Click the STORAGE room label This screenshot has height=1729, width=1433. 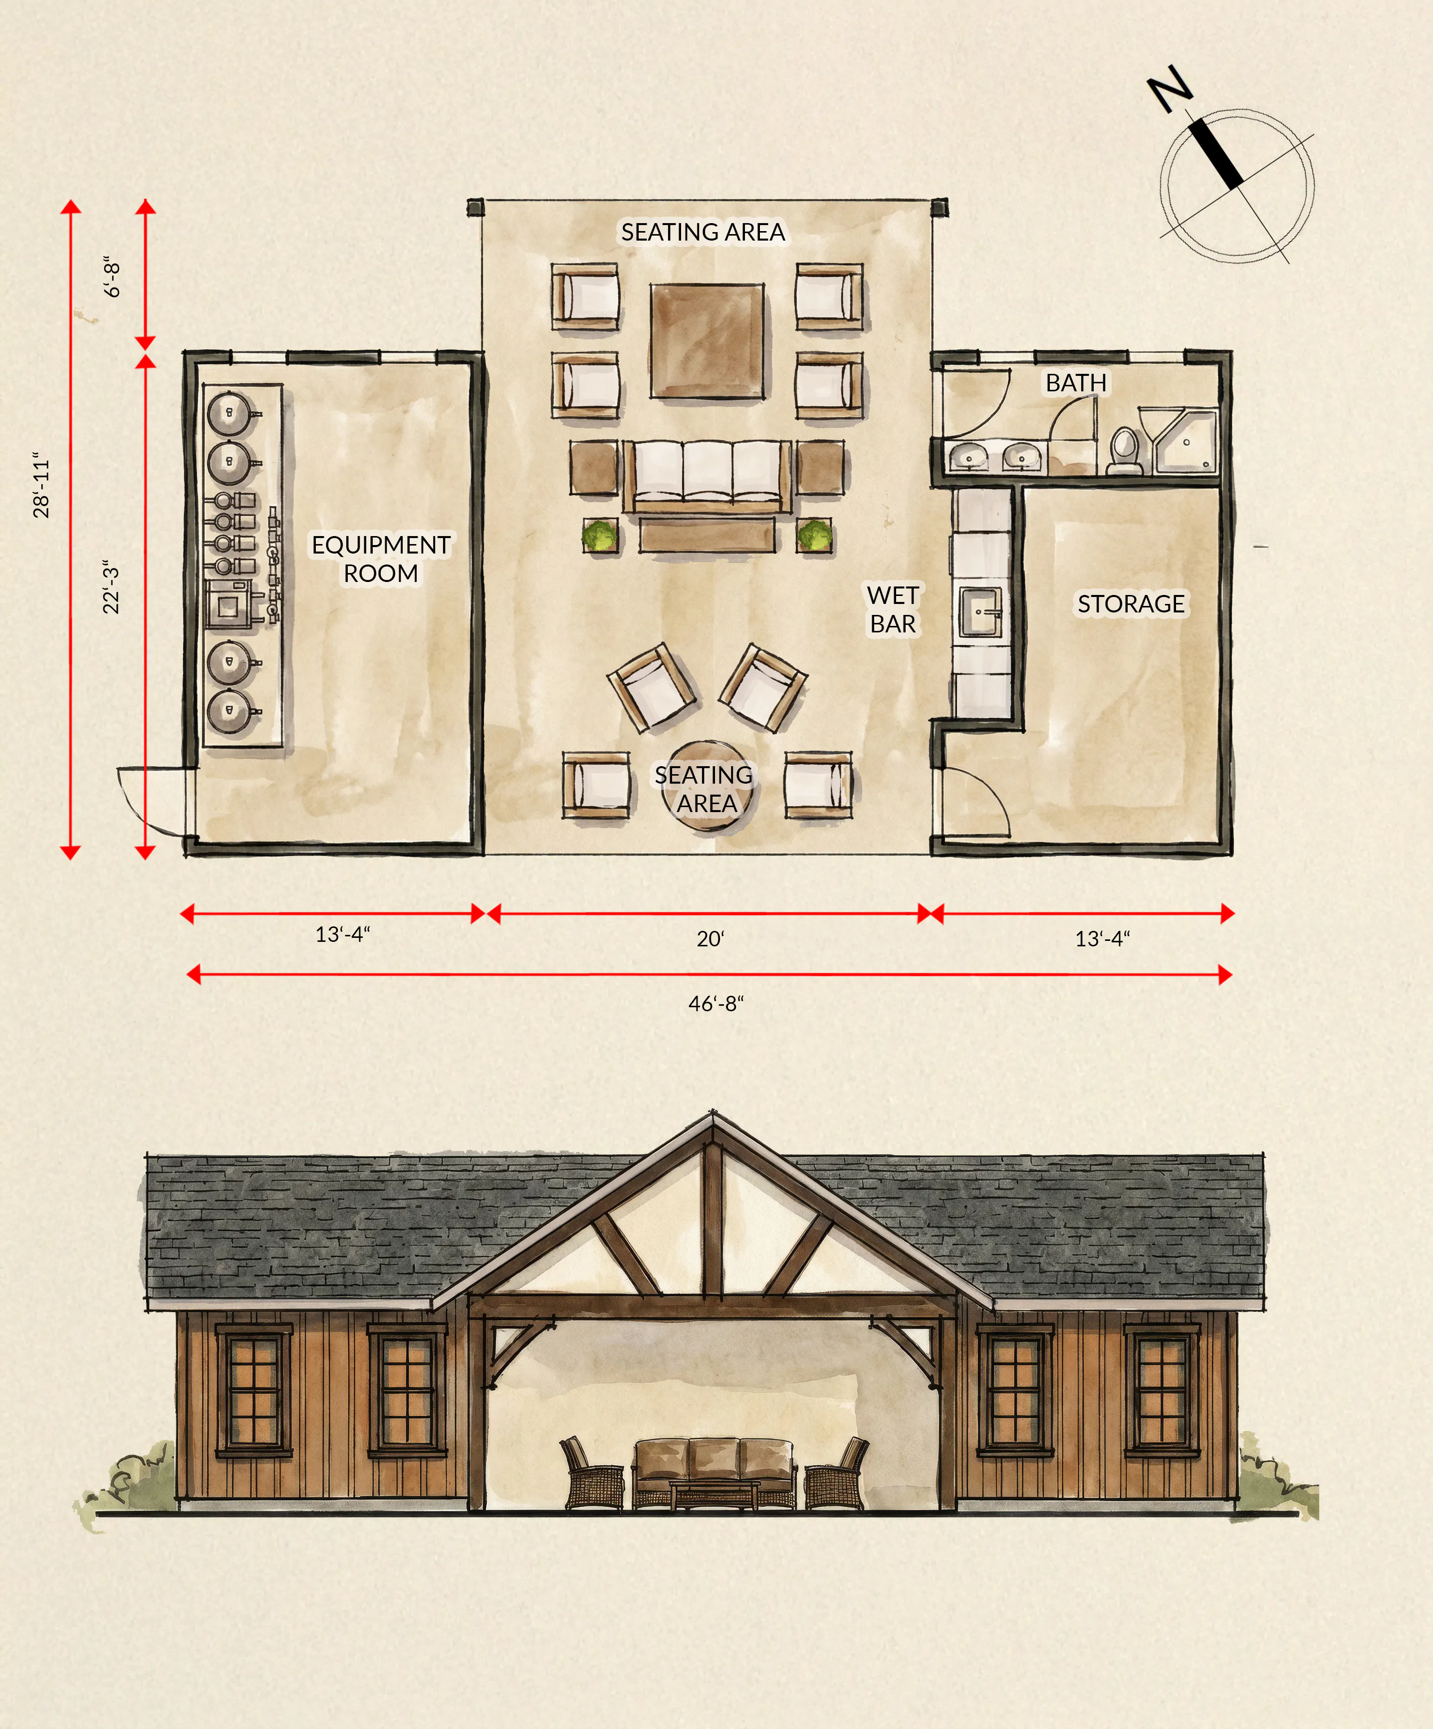pos(1131,603)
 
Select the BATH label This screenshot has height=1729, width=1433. pos(1076,383)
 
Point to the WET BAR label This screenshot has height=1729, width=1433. pos(892,609)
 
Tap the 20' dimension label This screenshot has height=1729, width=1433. pos(710,938)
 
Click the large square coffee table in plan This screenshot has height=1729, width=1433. pos(706,341)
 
